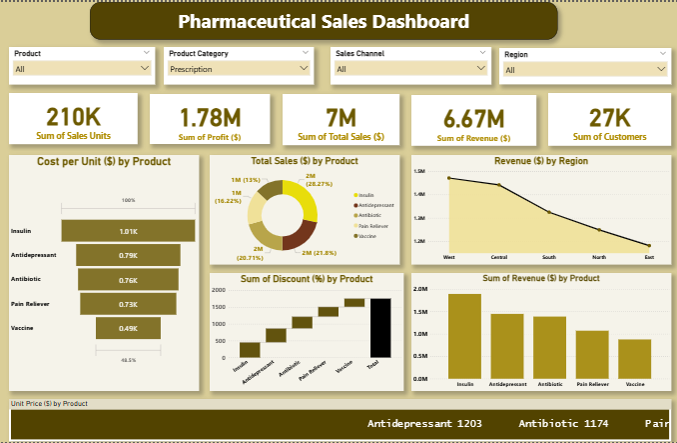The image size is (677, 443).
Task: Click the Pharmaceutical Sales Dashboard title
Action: [x=323, y=21]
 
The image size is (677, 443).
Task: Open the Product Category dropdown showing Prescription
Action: [x=239, y=69]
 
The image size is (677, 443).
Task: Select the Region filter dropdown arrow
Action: [x=660, y=69]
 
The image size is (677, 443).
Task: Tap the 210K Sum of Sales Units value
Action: [x=73, y=118]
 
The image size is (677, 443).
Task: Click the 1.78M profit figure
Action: [x=211, y=118]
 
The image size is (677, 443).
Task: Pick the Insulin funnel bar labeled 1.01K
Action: [x=128, y=231]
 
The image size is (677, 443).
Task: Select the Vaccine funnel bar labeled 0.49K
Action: [x=128, y=328]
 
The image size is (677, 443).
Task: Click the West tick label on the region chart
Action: [x=449, y=257]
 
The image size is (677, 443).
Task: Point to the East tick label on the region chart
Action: [x=649, y=257]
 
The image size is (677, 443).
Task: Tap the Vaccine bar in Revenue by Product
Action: [x=635, y=358]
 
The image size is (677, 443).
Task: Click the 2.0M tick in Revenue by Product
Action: [x=421, y=289]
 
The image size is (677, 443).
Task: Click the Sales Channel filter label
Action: [x=360, y=53]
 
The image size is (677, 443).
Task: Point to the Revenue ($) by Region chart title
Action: [x=540, y=160]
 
